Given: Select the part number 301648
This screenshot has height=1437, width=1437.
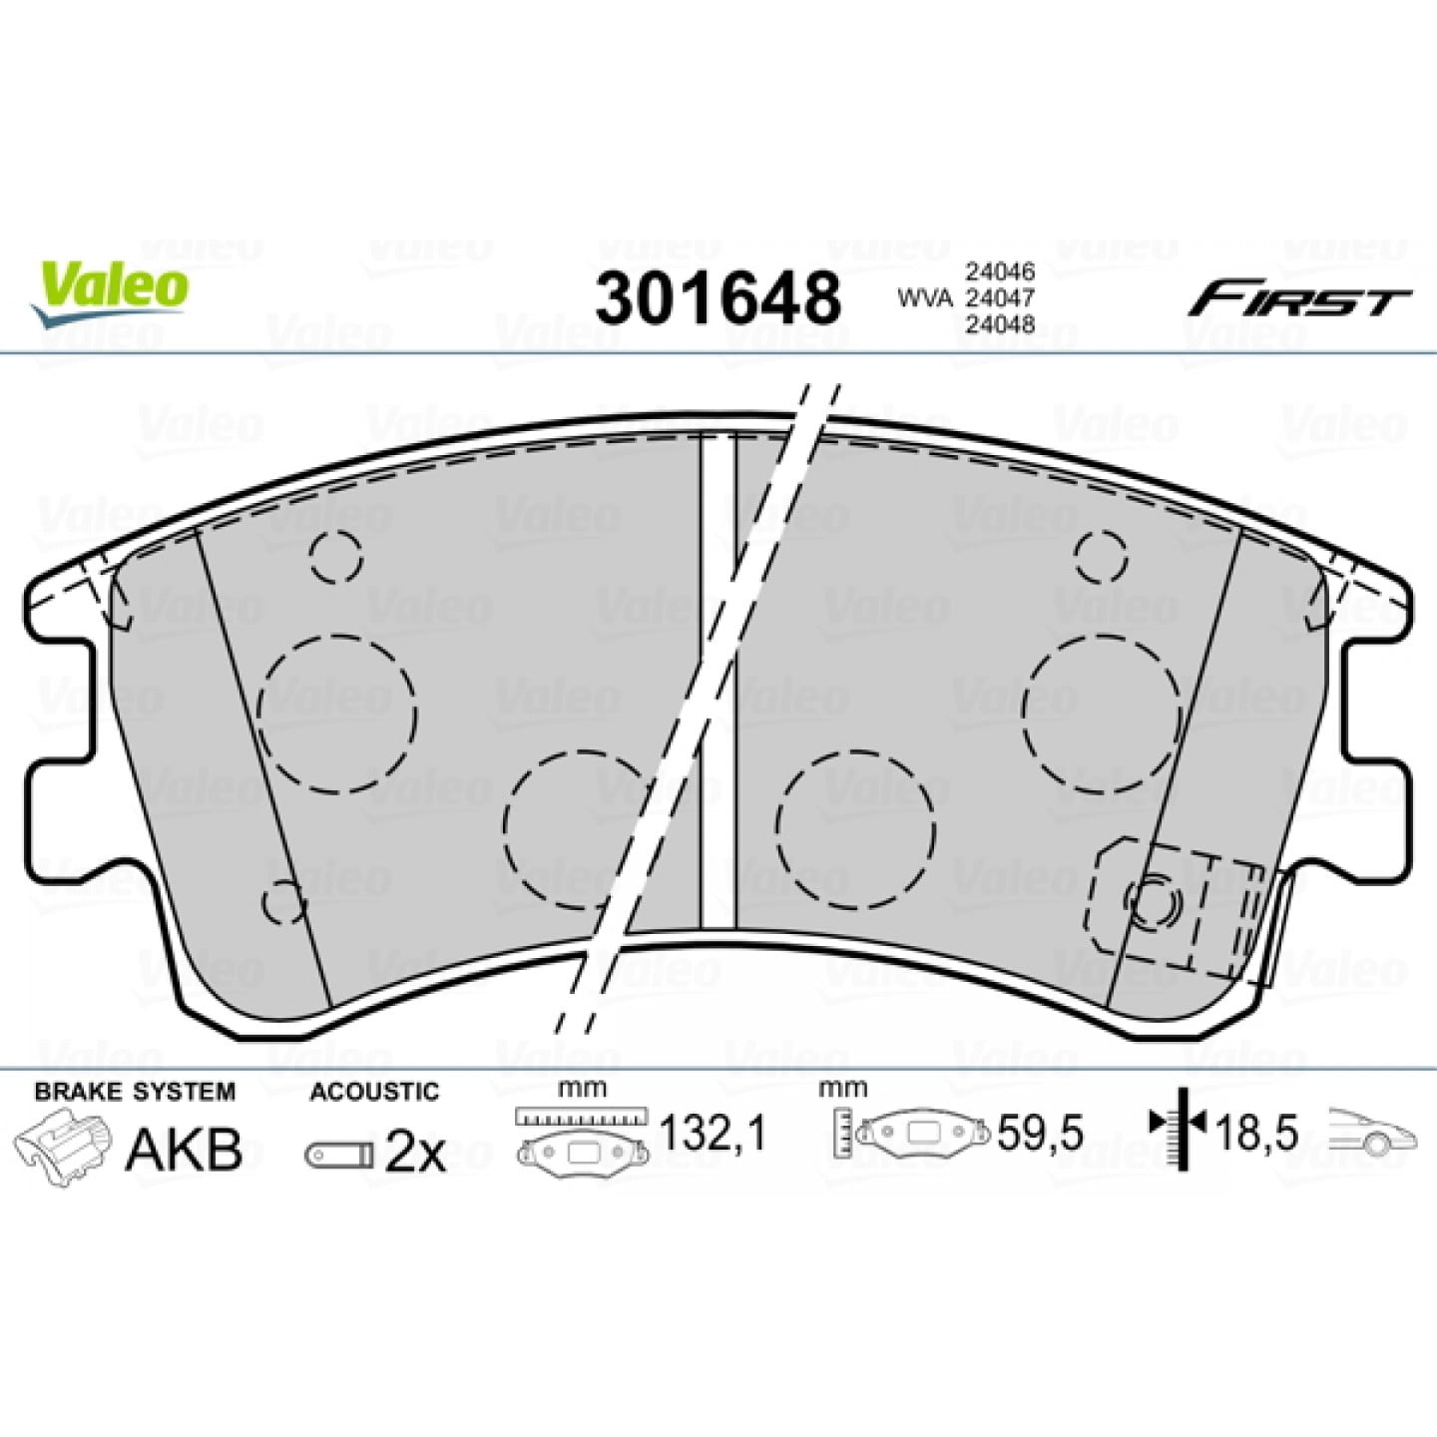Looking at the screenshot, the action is click(718, 298).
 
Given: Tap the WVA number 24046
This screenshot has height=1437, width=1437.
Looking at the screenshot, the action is click(1000, 271).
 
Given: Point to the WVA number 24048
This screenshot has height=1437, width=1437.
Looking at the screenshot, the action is click(1000, 324).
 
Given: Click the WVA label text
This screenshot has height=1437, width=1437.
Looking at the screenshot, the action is click(925, 298).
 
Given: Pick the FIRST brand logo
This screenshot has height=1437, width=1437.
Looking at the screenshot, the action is click(1298, 302).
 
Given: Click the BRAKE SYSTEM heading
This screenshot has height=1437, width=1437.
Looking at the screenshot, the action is click(135, 1092).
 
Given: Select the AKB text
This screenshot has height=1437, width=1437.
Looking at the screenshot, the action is click(184, 1150).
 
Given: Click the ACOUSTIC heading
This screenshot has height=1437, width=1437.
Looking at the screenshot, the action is click(374, 1092).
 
